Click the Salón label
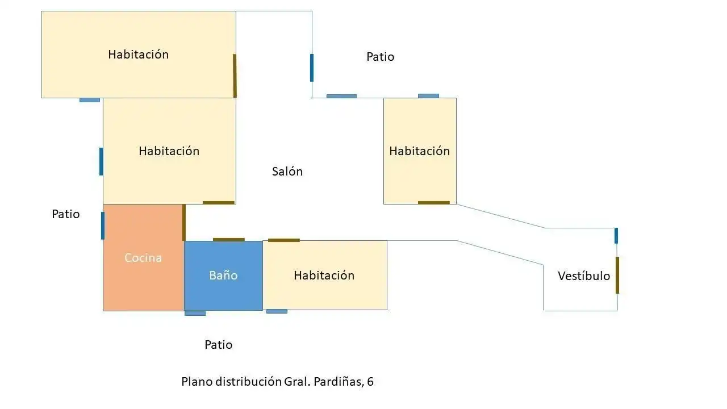[287, 172]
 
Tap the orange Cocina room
[144, 257]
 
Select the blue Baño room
[224, 276]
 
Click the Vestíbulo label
[584, 276]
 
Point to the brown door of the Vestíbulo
[617, 276]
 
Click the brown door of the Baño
[229, 240]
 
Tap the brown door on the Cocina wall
[184, 223]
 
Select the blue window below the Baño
[195, 314]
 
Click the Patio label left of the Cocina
[66, 214]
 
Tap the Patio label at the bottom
[219, 345]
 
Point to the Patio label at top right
[381, 57]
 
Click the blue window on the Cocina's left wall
[103, 226]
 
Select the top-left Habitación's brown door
[235, 76]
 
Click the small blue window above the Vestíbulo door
[616, 236]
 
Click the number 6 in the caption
[370, 382]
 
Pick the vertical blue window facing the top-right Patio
[312, 68]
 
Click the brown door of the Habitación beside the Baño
[283, 240]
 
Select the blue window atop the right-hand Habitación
[428, 96]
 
